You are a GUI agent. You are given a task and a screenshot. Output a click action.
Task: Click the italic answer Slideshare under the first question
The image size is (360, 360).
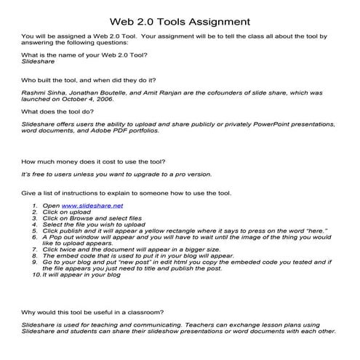coord(36,63)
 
